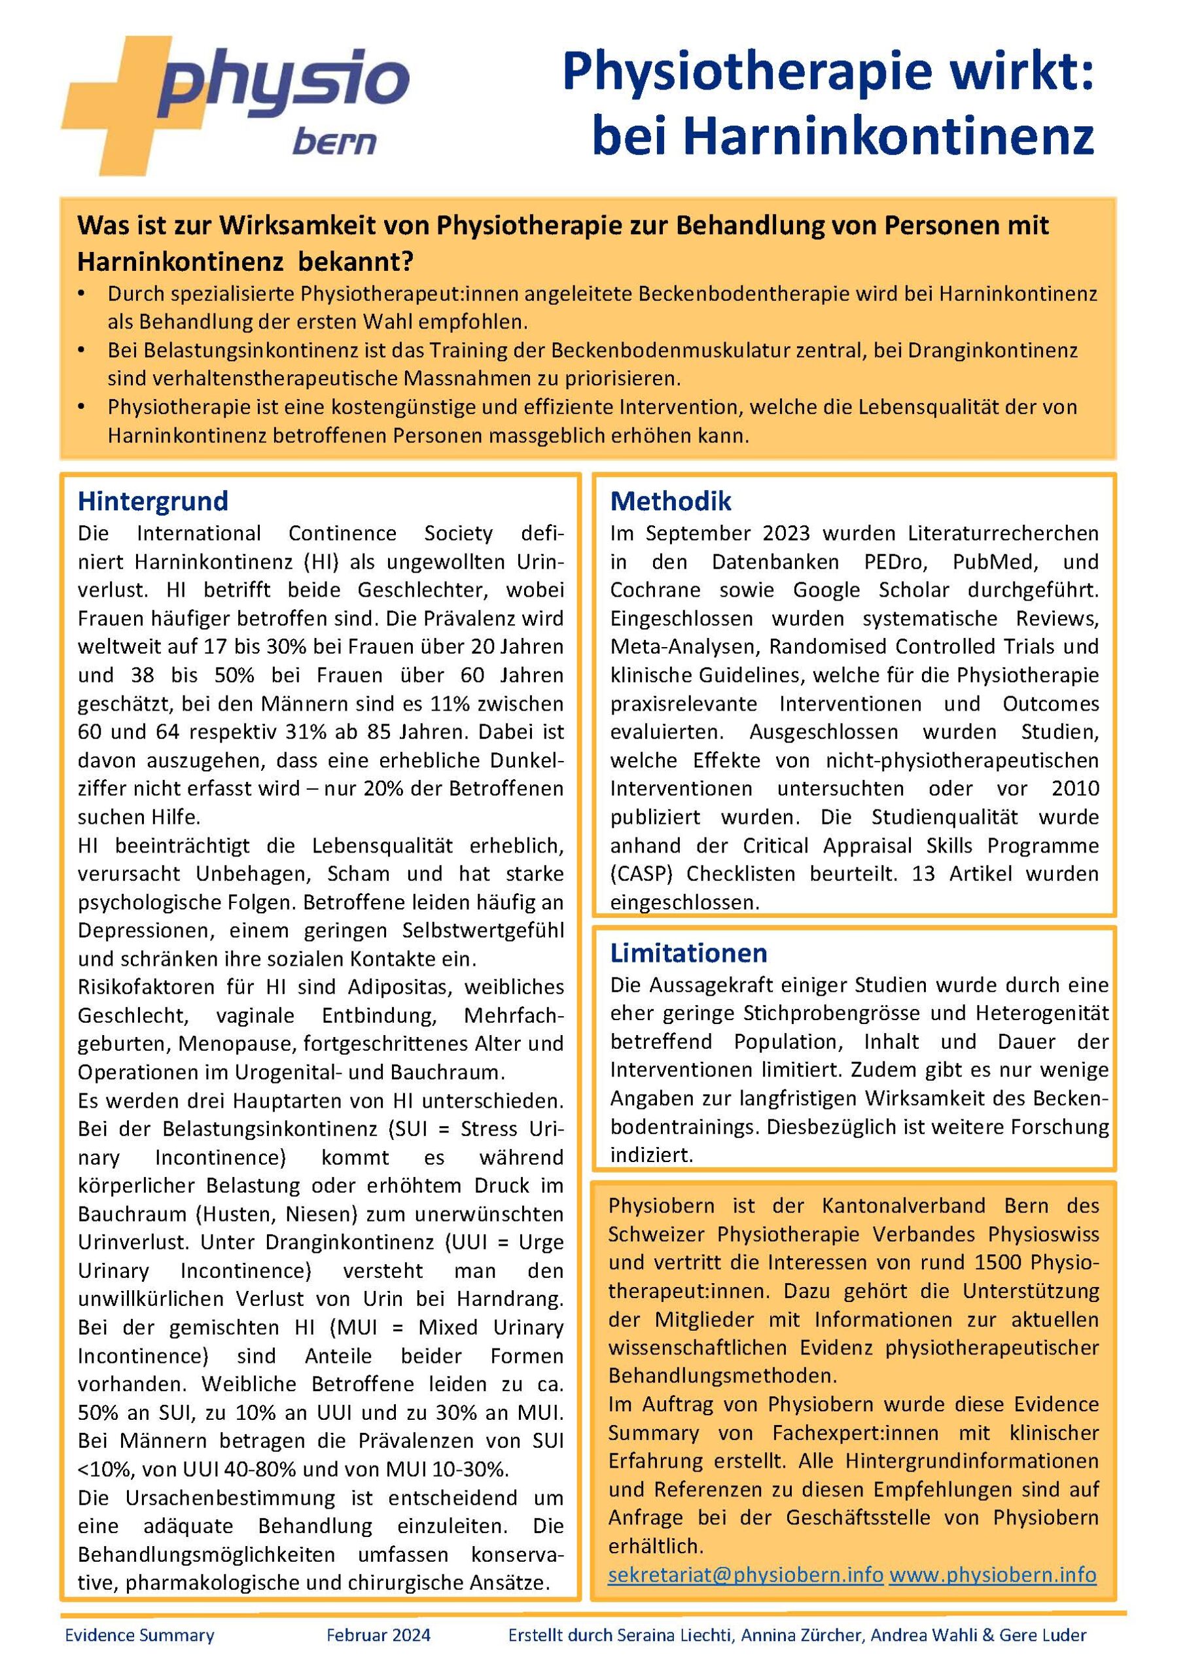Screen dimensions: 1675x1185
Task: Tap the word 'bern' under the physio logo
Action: point(334,141)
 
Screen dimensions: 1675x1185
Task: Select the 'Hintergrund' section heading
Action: point(152,501)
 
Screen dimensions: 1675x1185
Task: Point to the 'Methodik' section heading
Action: point(671,501)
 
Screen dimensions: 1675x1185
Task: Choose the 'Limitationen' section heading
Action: point(688,953)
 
